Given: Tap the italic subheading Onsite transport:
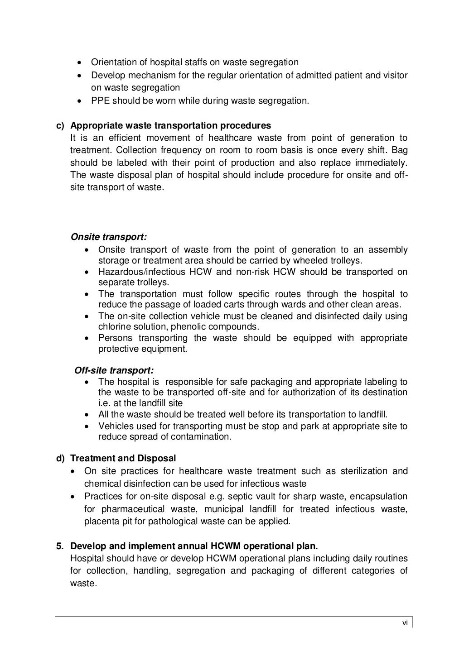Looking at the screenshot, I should pyautogui.click(x=109, y=237).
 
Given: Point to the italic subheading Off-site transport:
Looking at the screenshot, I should pyautogui.click(x=114, y=371).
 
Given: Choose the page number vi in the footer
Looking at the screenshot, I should pyautogui.click(x=405, y=623).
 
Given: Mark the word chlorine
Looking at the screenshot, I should pyautogui.click(x=114, y=327).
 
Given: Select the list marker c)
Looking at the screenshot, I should pyautogui.click(x=60, y=125).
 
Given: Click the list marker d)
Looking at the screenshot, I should pyautogui.click(x=60, y=459).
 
